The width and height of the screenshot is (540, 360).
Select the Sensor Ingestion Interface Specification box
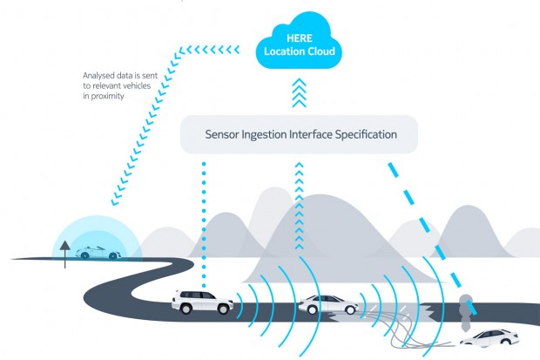pos(300,135)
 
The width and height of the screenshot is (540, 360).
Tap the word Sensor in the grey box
pos(225,135)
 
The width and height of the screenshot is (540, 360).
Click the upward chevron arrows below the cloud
pos(299,92)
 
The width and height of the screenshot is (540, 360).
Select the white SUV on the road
pos(201,302)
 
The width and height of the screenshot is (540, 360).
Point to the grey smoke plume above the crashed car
pos(467,305)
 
